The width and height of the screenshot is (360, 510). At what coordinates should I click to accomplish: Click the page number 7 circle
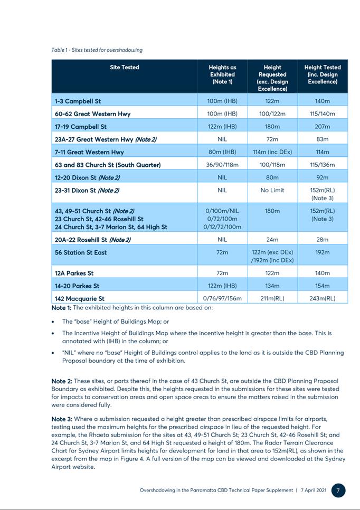tap(338, 490)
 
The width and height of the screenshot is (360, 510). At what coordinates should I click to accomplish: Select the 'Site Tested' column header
tap(125, 68)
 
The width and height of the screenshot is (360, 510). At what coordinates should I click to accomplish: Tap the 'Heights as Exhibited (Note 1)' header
tap(222, 74)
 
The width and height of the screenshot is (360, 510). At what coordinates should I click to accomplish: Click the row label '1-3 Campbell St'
tap(78, 101)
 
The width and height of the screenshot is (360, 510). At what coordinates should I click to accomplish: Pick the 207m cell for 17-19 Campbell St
tap(322, 127)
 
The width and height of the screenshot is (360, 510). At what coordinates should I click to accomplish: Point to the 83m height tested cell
tap(322, 139)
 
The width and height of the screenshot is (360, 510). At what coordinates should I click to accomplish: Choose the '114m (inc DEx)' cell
tap(272, 152)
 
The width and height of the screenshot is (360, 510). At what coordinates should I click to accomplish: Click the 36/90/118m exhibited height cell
tap(222, 165)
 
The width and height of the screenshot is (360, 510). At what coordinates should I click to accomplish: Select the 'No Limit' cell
tap(272, 190)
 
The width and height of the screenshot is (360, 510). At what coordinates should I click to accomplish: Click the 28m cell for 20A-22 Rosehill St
tap(322, 240)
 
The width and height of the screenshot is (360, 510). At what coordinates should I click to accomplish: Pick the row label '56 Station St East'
tap(81, 252)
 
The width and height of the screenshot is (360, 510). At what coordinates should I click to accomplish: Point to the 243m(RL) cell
tap(322, 298)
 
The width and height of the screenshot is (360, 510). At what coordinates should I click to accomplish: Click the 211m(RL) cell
tap(272, 298)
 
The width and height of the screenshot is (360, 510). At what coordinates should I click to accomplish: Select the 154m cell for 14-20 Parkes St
tap(322, 286)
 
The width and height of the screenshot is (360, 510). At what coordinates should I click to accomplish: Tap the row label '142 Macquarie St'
tap(80, 298)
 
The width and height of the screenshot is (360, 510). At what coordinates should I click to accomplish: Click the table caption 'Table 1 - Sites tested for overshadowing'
tap(97, 50)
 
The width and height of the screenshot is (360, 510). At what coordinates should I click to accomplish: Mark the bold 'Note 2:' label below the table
tap(61, 381)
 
